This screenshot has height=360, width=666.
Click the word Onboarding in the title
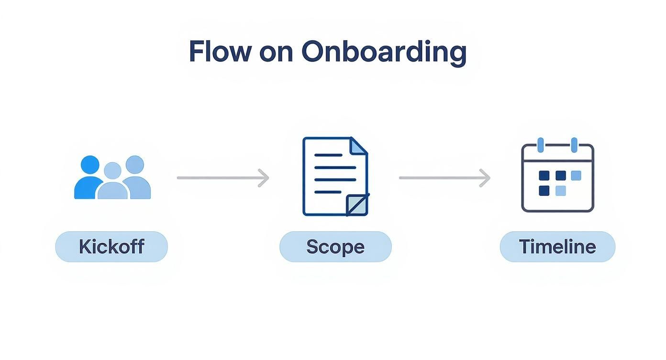tap(384, 52)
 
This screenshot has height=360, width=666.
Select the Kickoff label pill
tap(111, 247)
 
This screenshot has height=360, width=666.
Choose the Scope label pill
tap(335, 247)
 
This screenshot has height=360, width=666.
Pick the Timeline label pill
tap(557, 247)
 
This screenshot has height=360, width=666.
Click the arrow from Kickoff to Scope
tap(223, 178)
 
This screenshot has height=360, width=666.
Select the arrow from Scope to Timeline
tap(444, 178)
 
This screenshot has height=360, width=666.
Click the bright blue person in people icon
tap(89, 180)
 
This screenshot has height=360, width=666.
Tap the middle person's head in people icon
tap(112, 170)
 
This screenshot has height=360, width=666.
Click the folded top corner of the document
tap(358, 146)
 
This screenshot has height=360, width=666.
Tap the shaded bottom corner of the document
tap(358, 205)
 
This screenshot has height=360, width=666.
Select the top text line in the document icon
tap(328, 155)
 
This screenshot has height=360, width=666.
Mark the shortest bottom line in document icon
tap(328, 192)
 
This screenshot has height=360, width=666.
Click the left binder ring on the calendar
tap(541, 145)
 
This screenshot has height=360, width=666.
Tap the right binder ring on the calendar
tap(574, 145)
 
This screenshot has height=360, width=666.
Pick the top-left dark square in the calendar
tap(544, 176)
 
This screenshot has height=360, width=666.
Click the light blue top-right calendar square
tap(576, 176)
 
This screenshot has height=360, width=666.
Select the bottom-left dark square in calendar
tap(544, 191)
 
